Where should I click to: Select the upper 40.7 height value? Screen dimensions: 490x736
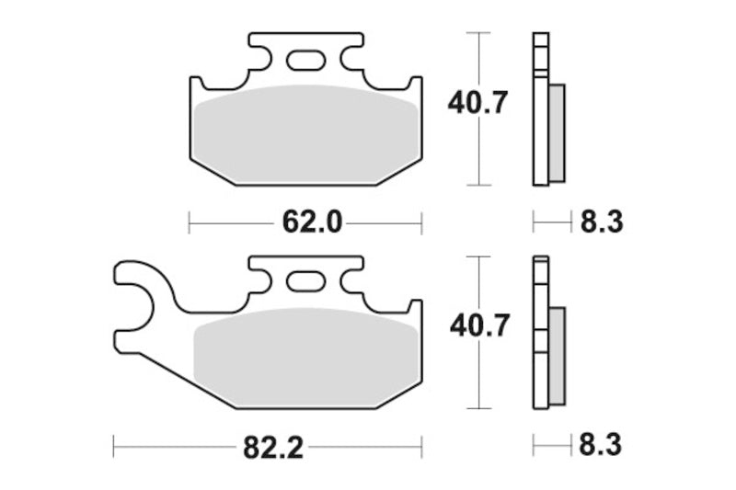[477, 104]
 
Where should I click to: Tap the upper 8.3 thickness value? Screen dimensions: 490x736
[603, 221]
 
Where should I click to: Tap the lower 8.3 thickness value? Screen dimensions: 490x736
[603, 447]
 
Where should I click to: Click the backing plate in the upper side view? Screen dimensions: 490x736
[540, 110]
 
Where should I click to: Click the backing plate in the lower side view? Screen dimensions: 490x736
[540, 336]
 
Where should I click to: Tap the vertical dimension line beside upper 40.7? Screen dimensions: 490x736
[476, 156]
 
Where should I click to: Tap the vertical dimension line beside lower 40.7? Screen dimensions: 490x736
[476, 377]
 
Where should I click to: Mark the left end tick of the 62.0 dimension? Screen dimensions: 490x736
[190, 221]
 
